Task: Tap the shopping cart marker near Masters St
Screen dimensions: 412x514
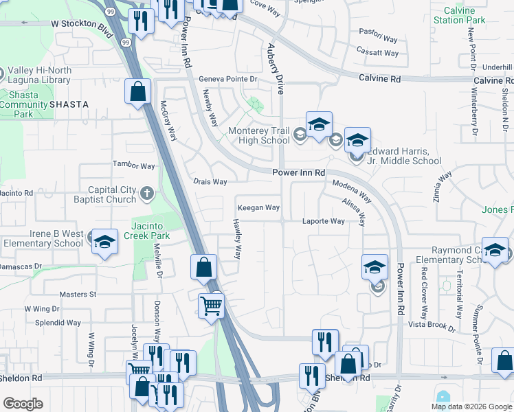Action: click(211, 305)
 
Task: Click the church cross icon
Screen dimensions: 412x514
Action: click(146, 194)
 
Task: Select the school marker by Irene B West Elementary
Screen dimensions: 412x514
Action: click(104, 242)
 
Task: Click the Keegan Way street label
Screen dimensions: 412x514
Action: click(258, 207)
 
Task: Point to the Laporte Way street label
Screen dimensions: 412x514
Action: click(324, 221)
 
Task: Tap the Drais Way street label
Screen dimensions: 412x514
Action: click(210, 182)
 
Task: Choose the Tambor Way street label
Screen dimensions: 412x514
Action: click(134, 165)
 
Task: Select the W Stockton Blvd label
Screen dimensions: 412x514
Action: click(81, 23)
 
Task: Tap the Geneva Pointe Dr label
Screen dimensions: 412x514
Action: click(227, 79)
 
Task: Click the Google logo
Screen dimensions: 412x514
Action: click(23, 404)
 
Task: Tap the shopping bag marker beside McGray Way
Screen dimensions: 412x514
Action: click(138, 91)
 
